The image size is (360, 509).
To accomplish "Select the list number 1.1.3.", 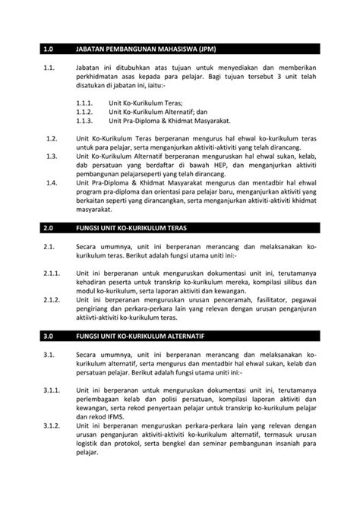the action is pyautogui.click(x=84, y=120).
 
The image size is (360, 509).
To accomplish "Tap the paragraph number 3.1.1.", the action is pyautogui.click(x=52, y=387).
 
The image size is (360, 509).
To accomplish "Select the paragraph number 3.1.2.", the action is pyautogui.click(x=52, y=425).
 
